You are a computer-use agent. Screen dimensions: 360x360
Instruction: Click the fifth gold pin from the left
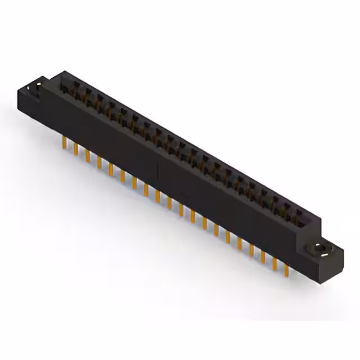tap(110, 169)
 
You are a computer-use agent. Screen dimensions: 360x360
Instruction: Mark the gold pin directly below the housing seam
tap(157, 197)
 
